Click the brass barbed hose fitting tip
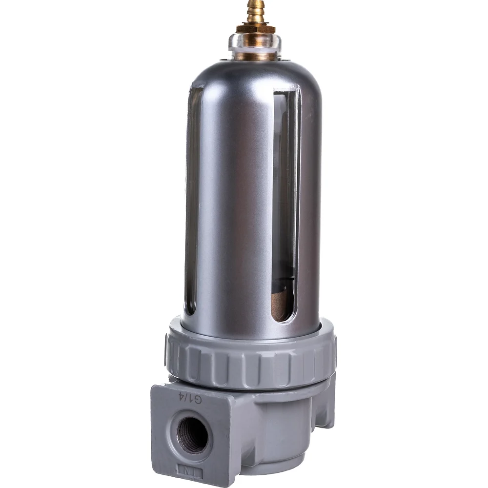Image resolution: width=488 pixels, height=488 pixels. (255, 11)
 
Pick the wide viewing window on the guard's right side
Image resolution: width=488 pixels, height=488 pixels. (285, 206)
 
